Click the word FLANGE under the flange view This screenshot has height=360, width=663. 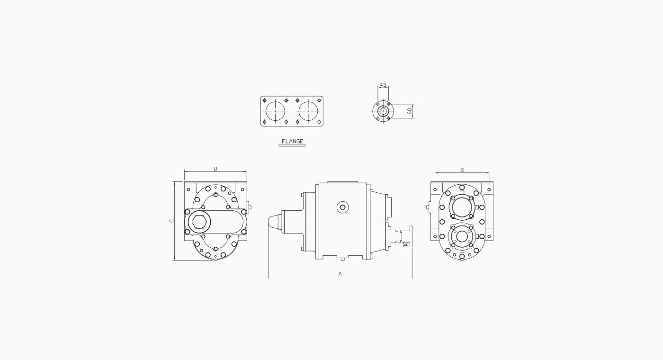tap(293, 141)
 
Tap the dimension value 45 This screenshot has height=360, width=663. tap(383, 85)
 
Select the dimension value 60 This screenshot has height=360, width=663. tap(409, 111)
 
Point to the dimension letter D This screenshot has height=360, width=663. tap(215, 169)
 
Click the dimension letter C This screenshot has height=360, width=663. tap(171, 221)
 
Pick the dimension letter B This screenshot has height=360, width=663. tap(462, 170)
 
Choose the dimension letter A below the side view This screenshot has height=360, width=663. tap(340, 274)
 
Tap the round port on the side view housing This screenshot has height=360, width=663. tap(343, 207)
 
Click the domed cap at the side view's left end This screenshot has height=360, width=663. tap(275, 222)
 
